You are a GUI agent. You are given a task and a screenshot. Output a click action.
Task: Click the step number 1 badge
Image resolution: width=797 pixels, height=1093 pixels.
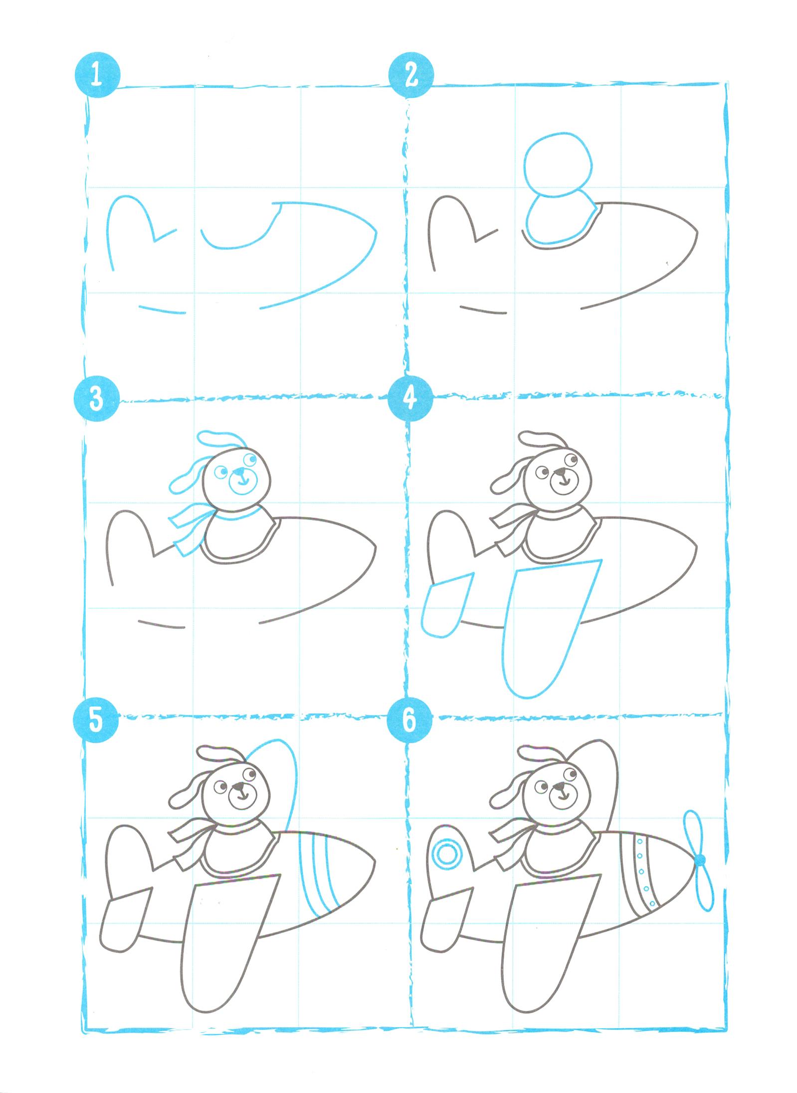click(97, 77)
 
